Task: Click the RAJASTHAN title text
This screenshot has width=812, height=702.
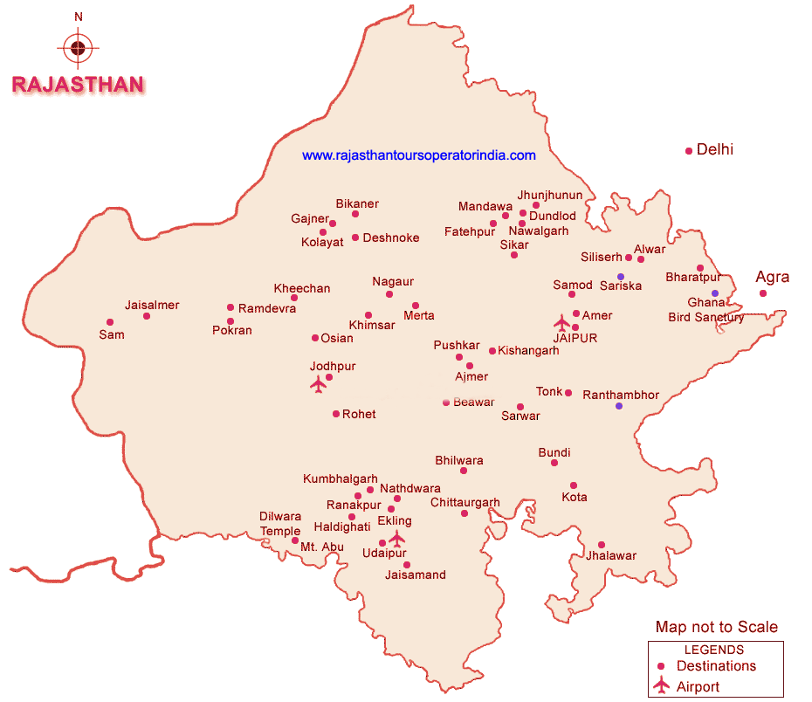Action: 78,85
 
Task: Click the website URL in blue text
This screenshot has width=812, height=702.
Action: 419,155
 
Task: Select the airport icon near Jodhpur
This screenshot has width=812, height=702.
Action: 318,384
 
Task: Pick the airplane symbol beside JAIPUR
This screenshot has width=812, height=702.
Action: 562,323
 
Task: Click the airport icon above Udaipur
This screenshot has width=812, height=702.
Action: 397,538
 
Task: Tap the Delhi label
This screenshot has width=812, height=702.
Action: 714,149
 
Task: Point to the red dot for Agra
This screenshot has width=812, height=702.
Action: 763,293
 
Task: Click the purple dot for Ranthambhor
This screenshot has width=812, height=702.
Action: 619,406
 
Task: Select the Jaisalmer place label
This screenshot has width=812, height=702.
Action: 152,305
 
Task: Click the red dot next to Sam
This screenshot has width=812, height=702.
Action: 109,322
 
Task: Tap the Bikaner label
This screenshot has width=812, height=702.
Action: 357,203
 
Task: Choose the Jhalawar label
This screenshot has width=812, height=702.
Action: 611,555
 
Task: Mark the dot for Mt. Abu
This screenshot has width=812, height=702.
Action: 295,541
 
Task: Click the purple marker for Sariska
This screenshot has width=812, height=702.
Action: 621,277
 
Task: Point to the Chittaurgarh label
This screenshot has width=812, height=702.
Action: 465,502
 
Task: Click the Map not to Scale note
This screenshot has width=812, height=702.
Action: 716,627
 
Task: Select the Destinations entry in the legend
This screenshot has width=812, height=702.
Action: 716,666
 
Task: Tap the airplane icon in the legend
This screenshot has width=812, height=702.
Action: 661,685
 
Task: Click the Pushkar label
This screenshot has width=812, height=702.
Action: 457,346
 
